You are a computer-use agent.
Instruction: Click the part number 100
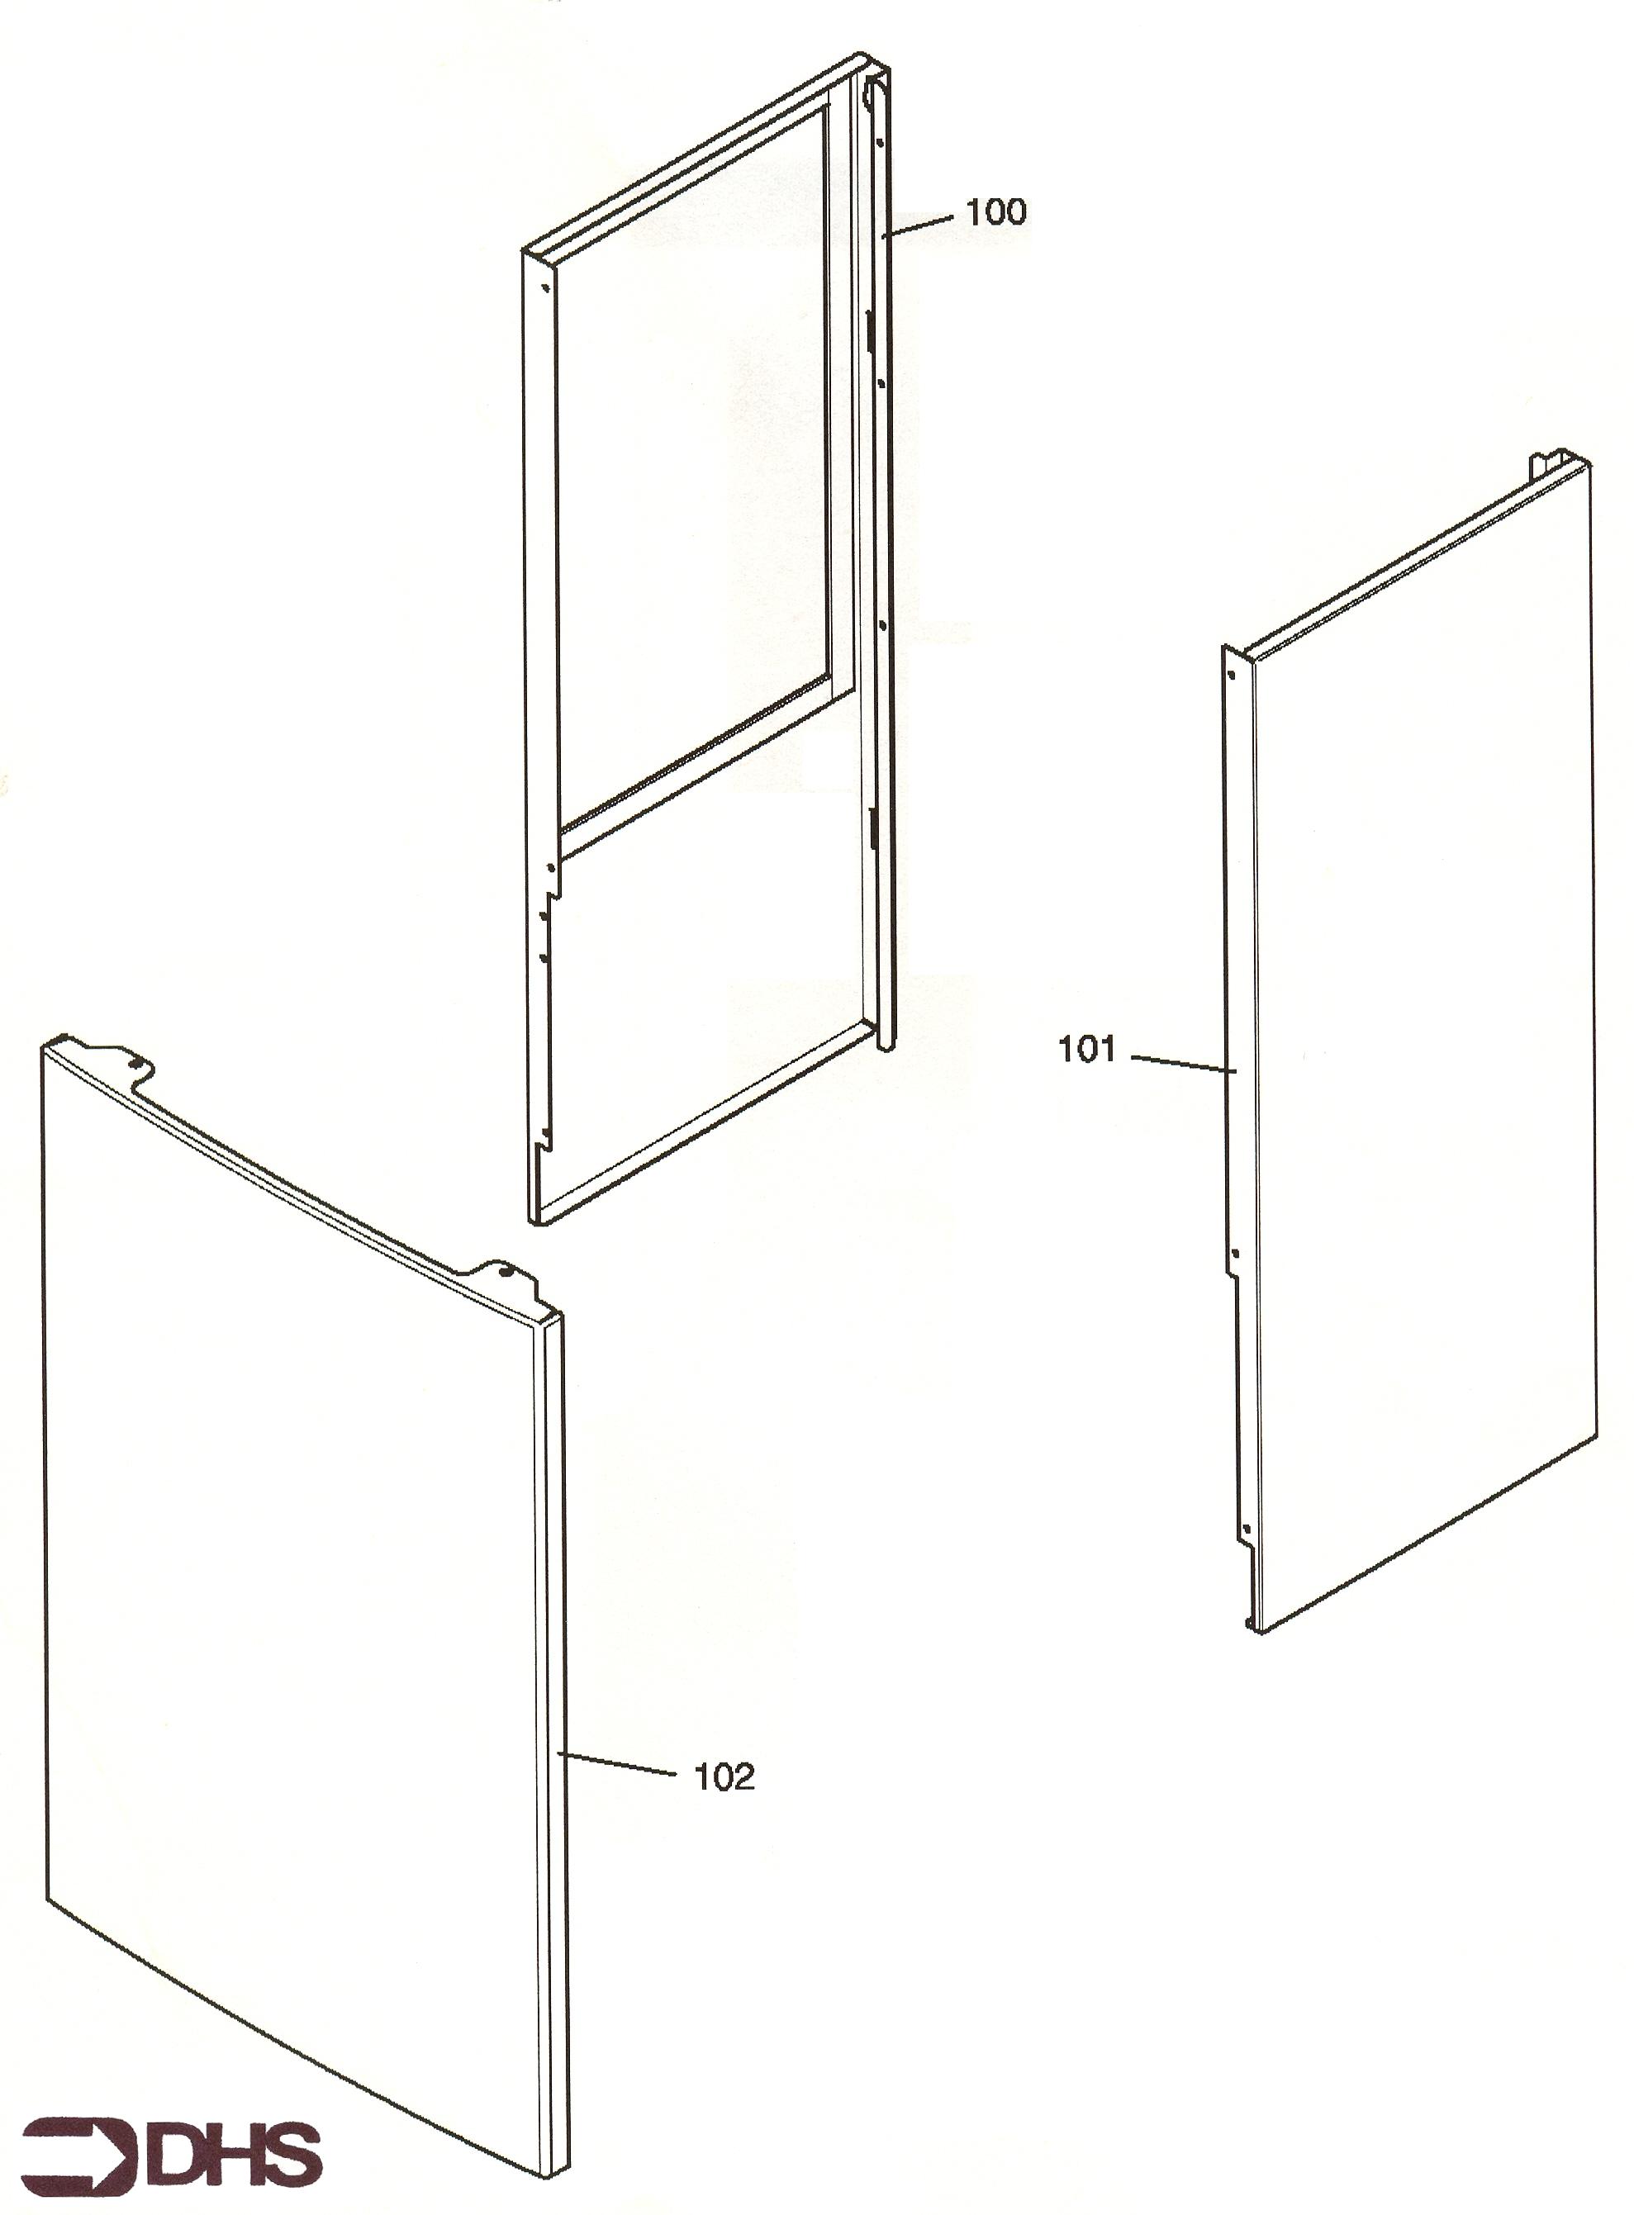pos(996,211)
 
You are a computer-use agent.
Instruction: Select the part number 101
pos(1087,1049)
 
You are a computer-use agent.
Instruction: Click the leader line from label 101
pos(1183,1064)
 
